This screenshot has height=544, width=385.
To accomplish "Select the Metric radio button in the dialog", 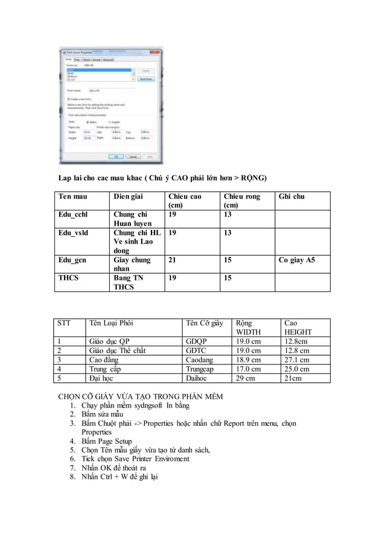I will click(x=87, y=122).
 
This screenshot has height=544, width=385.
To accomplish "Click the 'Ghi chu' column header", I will click(x=291, y=197).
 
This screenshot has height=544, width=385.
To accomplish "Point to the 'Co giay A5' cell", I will click(x=296, y=261).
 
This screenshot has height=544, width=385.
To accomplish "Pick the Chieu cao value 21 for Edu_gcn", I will click(x=173, y=261).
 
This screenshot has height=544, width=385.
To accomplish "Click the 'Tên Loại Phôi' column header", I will click(x=110, y=323).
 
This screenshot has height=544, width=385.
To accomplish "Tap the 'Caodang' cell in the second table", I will click(x=200, y=360).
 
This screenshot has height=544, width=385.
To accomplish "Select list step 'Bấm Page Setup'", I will click(x=107, y=441).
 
